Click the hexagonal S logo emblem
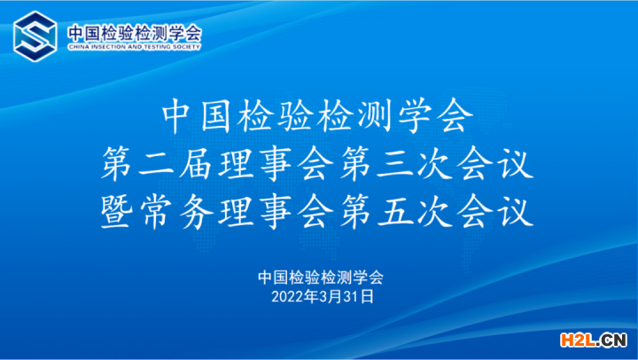click(35, 36)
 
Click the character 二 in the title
click(155, 164)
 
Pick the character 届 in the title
click(195, 164)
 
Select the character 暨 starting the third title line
click(116, 211)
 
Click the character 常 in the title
click(155, 211)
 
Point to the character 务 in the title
click(195, 211)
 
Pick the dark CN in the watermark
click(613, 340)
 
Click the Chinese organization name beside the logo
click(135, 34)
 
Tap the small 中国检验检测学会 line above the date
click(321, 278)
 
